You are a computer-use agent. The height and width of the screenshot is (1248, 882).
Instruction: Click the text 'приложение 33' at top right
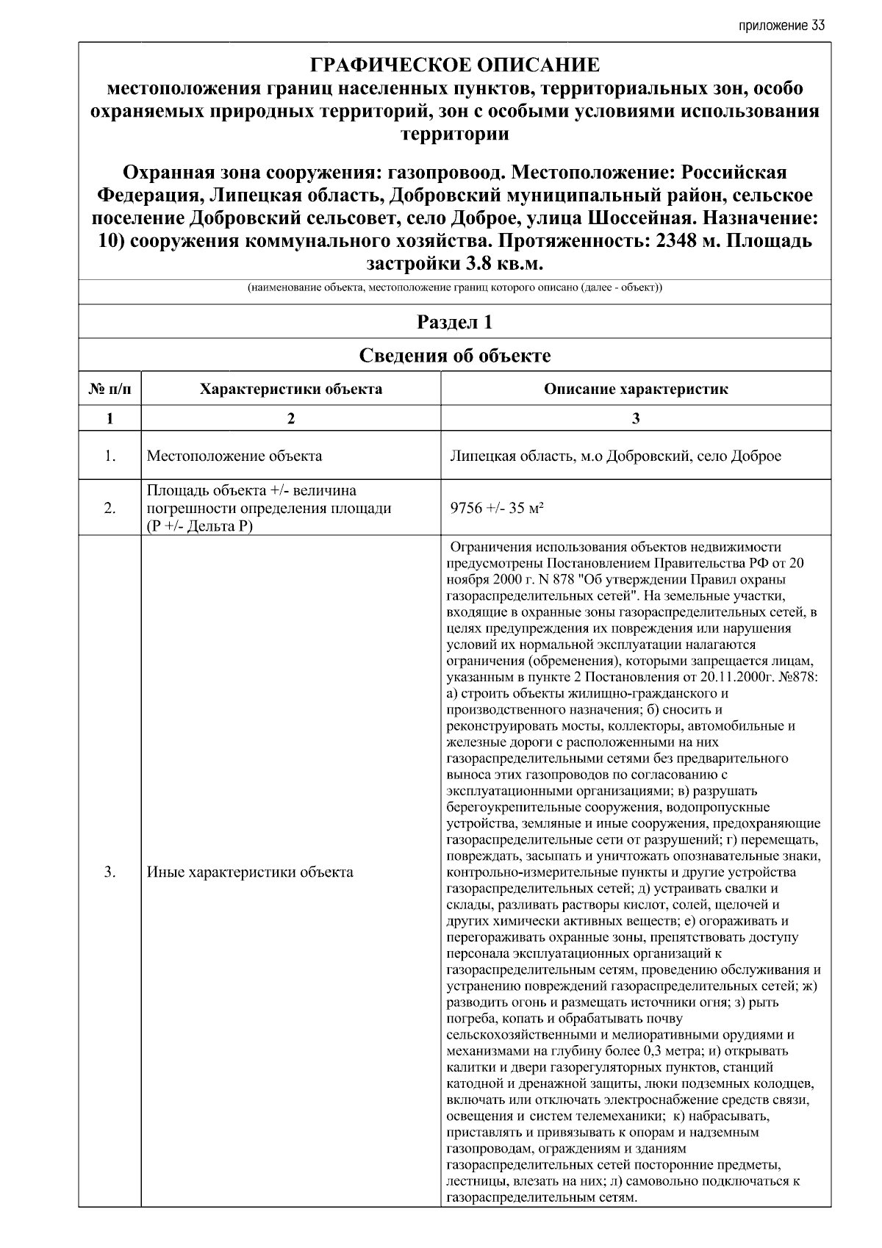(x=781, y=26)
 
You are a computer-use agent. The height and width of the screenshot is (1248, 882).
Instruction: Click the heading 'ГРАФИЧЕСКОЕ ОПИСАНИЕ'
(x=455, y=65)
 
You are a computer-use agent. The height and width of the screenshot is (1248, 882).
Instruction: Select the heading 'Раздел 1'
(x=455, y=322)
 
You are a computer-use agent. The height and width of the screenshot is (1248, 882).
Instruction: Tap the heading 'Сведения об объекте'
(x=455, y=356)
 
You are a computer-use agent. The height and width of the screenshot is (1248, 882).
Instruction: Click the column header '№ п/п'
(x=110, y=389)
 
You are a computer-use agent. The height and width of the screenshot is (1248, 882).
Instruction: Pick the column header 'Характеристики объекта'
(x=291, y=389)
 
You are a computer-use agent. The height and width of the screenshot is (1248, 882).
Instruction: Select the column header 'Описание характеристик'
(x=636, y=389)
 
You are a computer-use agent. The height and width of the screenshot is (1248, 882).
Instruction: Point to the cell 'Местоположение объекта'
(x=234, y=456)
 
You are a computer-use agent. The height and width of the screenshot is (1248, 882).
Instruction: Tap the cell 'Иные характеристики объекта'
(x=250, y=872)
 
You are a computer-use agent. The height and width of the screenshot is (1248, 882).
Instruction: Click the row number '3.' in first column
(x=110, y=872)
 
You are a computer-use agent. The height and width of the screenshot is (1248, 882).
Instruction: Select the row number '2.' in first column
(x=110, y=508)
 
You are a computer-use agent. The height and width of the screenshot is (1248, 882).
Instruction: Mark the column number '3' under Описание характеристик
(x=636, y=418)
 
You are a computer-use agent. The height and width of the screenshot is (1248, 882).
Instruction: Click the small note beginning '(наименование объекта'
(x=455, y=287)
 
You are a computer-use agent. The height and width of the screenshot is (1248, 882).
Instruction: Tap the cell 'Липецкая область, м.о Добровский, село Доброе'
(x=615, y=456)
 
